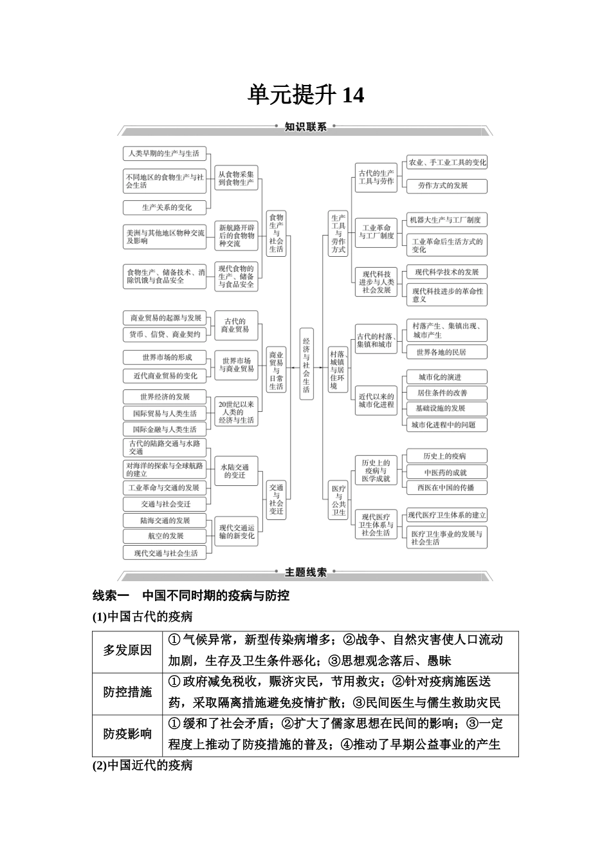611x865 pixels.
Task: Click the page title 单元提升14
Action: click(x=306, y=95)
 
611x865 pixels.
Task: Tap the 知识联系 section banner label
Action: click(x=305, y=127)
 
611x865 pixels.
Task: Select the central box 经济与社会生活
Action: click(x=306, y=364)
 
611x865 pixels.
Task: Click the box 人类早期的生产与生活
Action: click(x=163, y=153)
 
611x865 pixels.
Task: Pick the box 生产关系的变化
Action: click(x=167, y=207)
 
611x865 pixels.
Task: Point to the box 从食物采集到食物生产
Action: click(x=236, y=178)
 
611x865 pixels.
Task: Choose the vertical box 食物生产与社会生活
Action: click(x=276, y=233)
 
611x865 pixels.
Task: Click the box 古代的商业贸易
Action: click(x=235, y=325)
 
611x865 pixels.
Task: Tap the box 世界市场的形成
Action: click(x=167, y=357)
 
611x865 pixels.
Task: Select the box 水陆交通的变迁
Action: click(x=235, y=470)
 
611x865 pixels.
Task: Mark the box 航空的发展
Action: click(x=165, y=535)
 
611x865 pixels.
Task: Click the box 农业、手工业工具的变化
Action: click(x=447, y=162)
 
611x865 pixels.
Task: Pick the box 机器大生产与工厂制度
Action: click(x=446, y=219)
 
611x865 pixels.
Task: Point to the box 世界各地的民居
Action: click(x=441, y=352)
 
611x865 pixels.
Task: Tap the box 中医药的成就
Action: click(x=445, y=472)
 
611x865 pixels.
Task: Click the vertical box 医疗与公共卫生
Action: click(x=339, y=500)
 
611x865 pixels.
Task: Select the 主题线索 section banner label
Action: click(x=305, y=572)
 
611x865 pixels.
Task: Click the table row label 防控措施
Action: click(x=127, y=692)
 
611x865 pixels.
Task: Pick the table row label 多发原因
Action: click(x=127, y=650)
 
